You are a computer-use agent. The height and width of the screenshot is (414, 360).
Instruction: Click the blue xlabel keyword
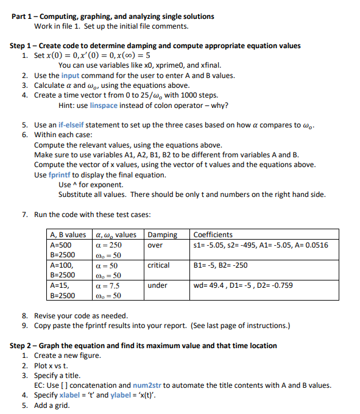coord(72,395)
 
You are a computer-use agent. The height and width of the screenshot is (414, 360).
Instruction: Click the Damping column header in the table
coord(163,235)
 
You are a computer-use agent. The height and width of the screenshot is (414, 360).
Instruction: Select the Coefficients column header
coord(213,235)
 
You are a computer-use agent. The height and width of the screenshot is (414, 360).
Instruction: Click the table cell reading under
coord(157,285)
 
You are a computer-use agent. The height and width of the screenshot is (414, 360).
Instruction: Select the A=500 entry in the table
coord(62,245)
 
